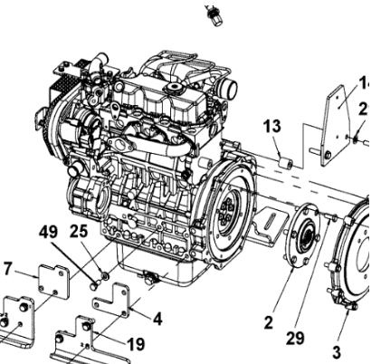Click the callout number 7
[x=7, y=268]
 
